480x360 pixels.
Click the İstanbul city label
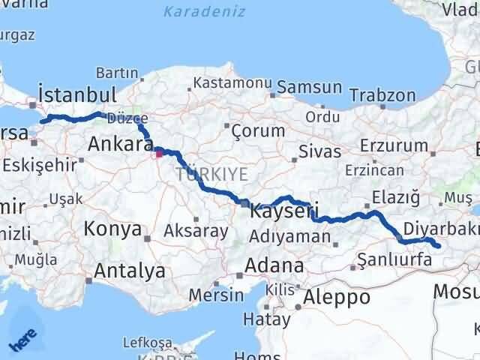77,95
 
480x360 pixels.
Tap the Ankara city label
121,143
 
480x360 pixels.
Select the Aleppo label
337,296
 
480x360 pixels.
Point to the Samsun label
309,87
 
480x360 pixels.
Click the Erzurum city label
388,144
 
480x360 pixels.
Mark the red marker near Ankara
159,154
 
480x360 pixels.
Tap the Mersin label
216,295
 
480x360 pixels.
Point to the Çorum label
258,130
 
